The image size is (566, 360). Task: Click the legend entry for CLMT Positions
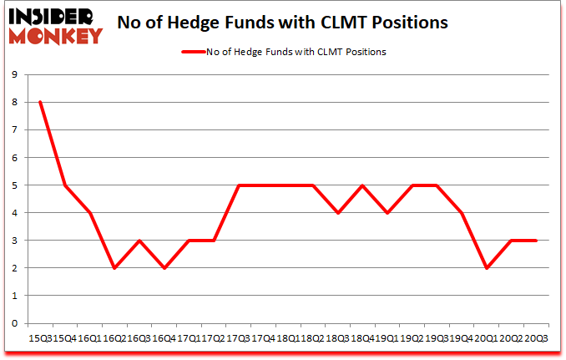coord(284,52)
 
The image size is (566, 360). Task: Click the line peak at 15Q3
coord(39,102)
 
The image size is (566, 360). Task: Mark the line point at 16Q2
coord(114,268)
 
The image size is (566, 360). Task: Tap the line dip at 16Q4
coord(164,268)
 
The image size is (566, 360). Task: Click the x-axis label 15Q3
coord(39,338)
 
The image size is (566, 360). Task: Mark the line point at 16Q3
coord(139,241)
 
